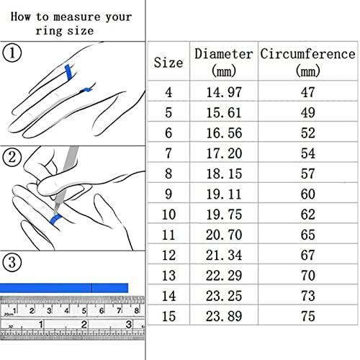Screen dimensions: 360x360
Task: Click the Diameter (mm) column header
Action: point(224,62)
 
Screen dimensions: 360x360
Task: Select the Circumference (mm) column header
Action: point(307,62)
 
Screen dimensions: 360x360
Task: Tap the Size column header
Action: point(168,63)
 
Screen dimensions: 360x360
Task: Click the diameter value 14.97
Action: point(224,92)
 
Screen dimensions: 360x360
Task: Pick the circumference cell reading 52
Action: point(308,133)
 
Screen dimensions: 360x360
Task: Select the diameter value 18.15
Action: point(224,174)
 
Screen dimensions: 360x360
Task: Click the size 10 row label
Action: point(168,215)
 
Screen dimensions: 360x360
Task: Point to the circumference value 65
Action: point(308,235)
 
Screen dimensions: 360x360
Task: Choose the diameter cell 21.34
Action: point(224,255)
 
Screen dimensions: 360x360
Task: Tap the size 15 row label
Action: point(168,316)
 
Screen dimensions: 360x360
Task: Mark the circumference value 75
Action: point(308,316)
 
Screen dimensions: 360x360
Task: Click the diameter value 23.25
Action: point(224,296)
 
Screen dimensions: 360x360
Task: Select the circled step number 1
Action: point(12,53)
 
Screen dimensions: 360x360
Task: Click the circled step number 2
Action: point(12,157)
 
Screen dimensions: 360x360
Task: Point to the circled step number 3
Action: point(12,262)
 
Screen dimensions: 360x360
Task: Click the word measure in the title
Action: point(76,17)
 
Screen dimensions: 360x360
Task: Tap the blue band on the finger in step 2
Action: point(56,219)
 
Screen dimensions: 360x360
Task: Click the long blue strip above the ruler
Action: point(64,288)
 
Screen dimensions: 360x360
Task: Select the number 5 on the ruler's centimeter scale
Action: point(84,310)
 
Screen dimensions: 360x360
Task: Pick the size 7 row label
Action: point(168,153)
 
